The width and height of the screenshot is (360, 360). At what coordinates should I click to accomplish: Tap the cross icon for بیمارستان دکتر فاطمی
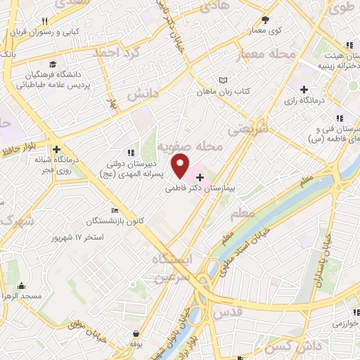coord(200,177)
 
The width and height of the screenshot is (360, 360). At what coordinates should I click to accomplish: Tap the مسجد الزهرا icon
coord(23,285)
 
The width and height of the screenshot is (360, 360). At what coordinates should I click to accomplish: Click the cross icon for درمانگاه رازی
coord(304,89)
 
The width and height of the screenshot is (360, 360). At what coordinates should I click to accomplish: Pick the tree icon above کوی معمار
coord(265,20)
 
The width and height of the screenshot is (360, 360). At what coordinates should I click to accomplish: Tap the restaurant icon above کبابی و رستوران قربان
coord(46,21)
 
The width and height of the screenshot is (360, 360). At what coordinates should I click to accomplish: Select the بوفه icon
coord(136,335)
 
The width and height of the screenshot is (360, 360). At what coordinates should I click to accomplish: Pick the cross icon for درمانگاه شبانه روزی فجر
coord(56,149)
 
